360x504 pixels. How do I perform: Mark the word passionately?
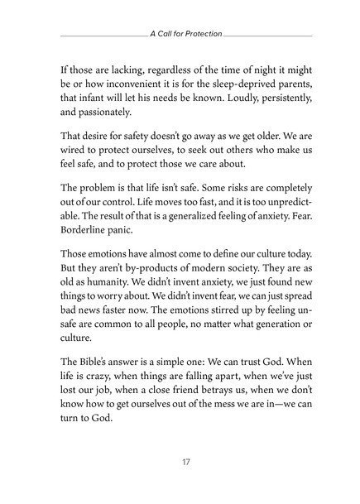pyautogui.click(x=111, y=115)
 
